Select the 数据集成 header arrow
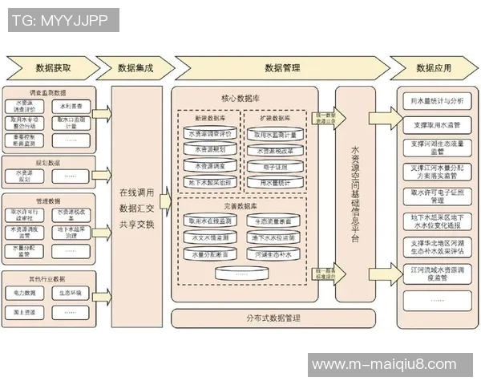(x=136, y=67)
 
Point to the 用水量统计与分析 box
(x=436, y=101)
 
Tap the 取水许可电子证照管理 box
(x=436, y=197)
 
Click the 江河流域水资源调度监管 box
(x=436, y=274)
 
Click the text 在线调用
(x=136, y=193)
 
